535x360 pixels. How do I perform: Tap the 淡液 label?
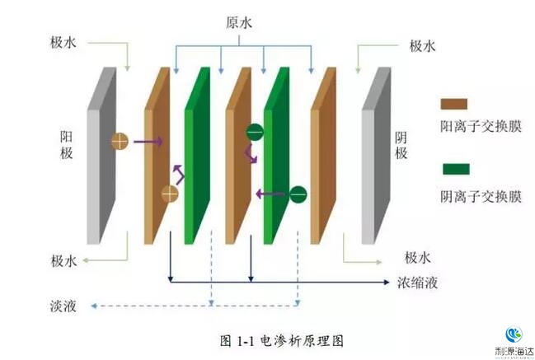[x=63, y=306]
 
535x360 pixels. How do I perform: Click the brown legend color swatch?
[x=454, y=105]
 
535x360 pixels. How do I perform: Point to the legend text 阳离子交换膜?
[x=479, y=127]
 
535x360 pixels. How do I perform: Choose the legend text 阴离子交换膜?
[x=479, y=196]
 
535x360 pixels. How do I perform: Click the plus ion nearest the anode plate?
[x=120, y=141]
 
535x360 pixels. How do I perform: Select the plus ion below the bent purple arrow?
[x=170, y=194]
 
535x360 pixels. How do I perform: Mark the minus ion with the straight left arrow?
[x=298, y=194]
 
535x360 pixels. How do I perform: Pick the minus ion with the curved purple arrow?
[x=255, y=130]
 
